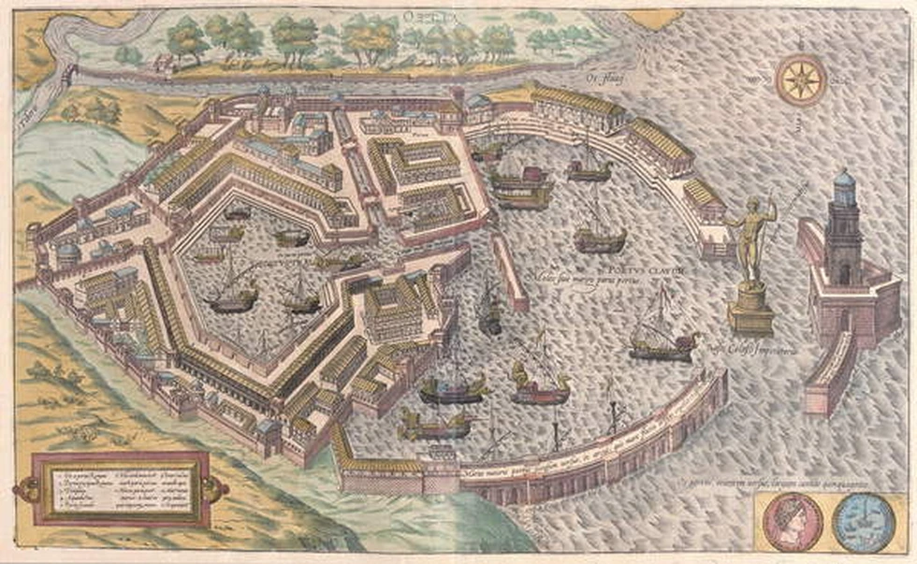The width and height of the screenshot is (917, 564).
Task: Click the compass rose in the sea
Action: tap(801, 80)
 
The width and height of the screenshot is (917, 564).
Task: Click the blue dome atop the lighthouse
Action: tap(844, 181)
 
